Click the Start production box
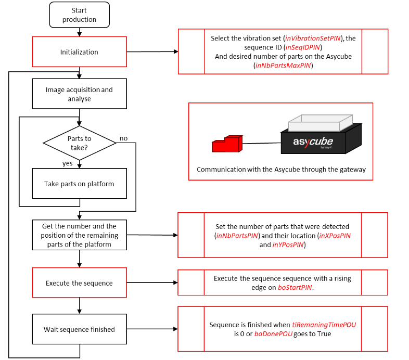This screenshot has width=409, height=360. tap(79, 15)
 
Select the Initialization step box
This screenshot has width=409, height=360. tap(79, 52)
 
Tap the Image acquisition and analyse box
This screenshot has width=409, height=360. tap(79, 94)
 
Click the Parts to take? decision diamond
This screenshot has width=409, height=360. tap(79, 143)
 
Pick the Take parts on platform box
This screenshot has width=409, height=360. tap(79, 184)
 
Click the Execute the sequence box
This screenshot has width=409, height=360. tap(79, 283)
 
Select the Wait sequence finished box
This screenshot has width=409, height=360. tap(79, 329)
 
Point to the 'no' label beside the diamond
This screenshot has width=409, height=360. tap(123, 138)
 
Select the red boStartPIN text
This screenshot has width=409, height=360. tap(295, 287)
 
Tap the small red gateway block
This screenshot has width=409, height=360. tap(227, 144)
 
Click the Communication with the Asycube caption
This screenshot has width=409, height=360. tap(280, 170)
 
